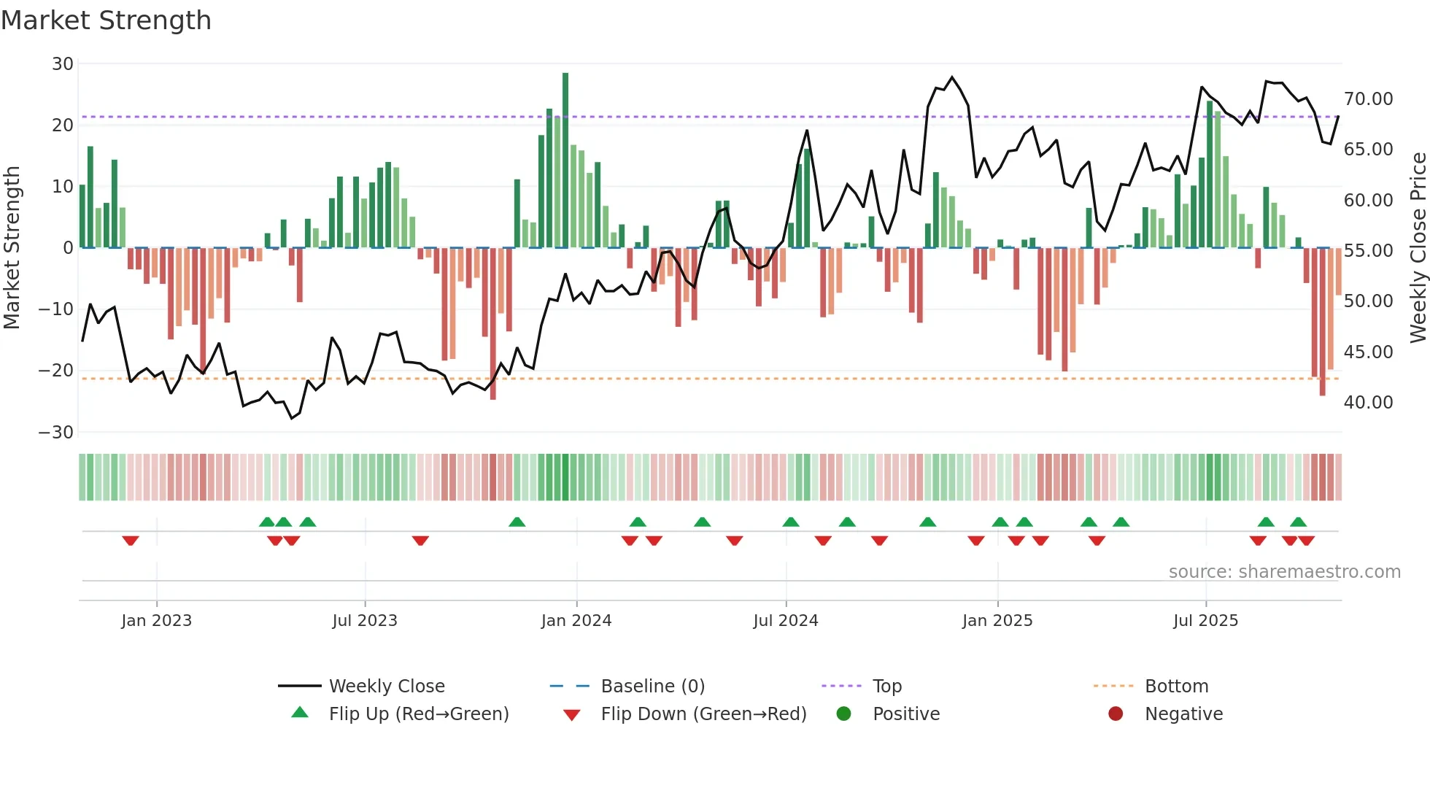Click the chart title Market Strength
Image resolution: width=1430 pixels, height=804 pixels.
(x=107, y=20)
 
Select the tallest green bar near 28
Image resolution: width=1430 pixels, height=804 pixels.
(x=565, y=161)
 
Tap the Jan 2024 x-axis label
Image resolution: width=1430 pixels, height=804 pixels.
(x=576, y=621)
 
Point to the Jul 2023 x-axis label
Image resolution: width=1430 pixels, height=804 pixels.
(x=364, y=621)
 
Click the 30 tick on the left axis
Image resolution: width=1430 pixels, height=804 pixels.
(x=63, y=64)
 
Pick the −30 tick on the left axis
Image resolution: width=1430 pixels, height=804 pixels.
(x=56, y=433)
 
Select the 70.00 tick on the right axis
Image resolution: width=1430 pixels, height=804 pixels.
(x=1368, y=99)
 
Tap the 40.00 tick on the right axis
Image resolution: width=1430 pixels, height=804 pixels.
(x=1368, y=403)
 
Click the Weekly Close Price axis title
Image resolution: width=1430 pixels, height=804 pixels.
(x=1418, y=248)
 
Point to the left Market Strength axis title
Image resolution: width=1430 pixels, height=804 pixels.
(x=12, y=248)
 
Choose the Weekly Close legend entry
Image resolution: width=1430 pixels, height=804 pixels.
(x=386, y=687)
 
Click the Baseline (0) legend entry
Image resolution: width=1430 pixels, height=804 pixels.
(x=652, y=687)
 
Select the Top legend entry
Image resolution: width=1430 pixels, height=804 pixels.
(x=886, y=687)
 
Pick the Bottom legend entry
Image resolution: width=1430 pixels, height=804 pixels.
(x=1176, y=687)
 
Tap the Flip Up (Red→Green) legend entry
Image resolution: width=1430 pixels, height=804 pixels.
(x=418, y=714)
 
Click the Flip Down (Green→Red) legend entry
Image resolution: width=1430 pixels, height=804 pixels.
(x=703, y=714)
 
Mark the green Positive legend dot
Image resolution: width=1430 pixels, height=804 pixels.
(x=844, y=714)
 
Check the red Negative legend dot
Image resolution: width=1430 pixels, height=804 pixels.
(x=1116, y=714)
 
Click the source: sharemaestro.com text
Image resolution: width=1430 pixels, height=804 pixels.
(x=1284, y=572)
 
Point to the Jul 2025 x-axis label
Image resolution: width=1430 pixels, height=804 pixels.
(x=1205, y=621)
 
